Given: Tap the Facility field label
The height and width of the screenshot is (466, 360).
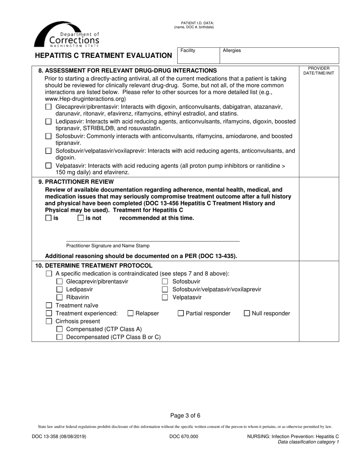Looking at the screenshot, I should coord(188,50).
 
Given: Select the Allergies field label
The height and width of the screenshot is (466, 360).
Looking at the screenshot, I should coord(232,50).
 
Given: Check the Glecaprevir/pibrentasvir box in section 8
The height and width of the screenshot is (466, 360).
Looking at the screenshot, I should coord(48,107).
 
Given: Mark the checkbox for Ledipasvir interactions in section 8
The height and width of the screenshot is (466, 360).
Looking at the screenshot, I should coord(48,122).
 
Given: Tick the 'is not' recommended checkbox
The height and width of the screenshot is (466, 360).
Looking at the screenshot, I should coord(81,218).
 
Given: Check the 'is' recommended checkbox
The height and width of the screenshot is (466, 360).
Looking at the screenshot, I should coord(48,218).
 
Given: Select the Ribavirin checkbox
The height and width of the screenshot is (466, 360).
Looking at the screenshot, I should coord(59,297).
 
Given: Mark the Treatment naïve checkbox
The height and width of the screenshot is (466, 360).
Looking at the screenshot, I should coord(49,305).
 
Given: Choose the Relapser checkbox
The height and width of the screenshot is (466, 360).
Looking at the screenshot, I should coord(130,313).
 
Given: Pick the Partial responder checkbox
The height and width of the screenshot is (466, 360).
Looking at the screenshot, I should coord(181,313).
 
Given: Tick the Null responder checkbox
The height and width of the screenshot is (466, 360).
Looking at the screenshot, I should coord(247,313).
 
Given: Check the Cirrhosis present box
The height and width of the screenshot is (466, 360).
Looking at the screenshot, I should coord(49,321).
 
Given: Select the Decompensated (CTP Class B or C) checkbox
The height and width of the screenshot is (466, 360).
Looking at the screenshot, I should coord(59,337).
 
